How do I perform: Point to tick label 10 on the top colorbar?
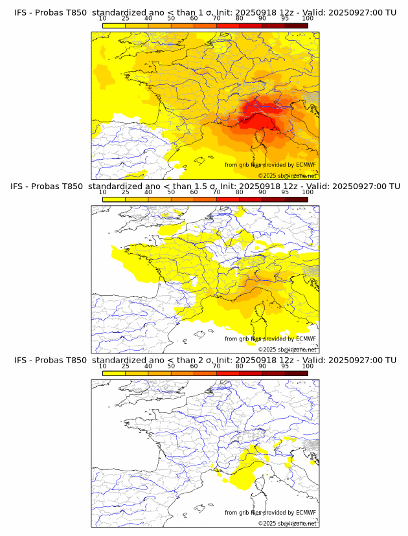[x=102, y=18]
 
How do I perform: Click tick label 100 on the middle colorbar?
[x=308, y=192]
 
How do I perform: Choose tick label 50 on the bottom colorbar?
[x=171, y=365]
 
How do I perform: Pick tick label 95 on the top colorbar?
[x=285, y=18]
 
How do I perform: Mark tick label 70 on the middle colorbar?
[x=216, y=192]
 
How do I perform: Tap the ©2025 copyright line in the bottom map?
[x=287, y=523]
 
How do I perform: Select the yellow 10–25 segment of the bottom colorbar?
[x=114, y=372]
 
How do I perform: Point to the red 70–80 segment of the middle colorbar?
[x=228, y=199]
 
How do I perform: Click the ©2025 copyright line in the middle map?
[x=287, y=350]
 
